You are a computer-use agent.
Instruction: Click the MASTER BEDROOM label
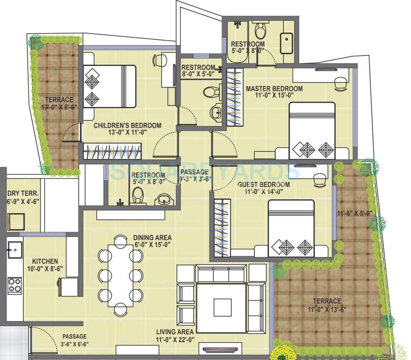point(274,88)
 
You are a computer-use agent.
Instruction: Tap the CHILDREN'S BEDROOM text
point(127,125)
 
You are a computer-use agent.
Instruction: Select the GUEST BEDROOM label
point(264,185)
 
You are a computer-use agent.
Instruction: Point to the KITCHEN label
point(45,261)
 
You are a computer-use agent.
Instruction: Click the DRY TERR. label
point(23,193)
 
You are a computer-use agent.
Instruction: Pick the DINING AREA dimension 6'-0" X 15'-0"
point(152,244)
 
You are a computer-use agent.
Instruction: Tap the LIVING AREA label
point(175,332)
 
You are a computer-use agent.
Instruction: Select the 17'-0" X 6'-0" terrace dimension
point(60,107)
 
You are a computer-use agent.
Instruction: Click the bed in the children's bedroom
point(110,86)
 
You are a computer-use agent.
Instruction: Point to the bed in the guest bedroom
point(291,228)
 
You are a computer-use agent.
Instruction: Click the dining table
point(120,274)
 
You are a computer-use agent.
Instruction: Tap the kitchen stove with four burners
point(15,285)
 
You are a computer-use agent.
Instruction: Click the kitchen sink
point(14,249)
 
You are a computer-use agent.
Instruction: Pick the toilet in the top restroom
point(261,30)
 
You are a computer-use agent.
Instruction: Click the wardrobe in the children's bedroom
point(112,151)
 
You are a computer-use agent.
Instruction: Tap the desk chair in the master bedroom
point(341,83)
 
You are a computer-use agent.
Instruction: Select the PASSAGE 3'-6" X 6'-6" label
point(75,340)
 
